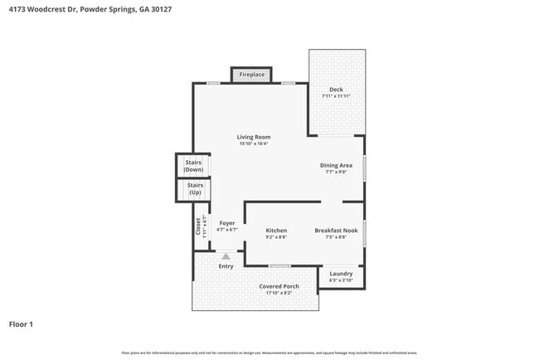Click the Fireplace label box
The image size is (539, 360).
pos(252,75)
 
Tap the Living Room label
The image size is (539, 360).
pos(253,137)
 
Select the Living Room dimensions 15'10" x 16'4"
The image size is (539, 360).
pos(253,144)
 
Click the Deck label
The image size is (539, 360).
pos(336,90)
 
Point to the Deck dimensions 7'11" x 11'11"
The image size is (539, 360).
pos(336,96)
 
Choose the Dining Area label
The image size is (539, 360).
pos(337,165)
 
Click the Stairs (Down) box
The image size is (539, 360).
pos(193,166)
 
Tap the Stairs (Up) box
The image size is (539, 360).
pos(195,189)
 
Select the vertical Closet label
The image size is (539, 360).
pos(197,226)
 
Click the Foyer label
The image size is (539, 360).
pos(227,223)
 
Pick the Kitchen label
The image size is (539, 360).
pos(276,230)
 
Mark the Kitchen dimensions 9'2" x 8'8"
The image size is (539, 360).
pos(276,236)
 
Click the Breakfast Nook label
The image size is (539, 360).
pos(336,230)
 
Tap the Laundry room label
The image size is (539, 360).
pos(341,274)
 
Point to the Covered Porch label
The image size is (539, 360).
pos(278,286)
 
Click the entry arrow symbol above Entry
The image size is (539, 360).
pos(226,257)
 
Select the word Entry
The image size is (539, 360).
pos(226,266)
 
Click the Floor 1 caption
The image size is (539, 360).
pos(21,324)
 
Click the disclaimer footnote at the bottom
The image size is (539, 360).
pos(269,353)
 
